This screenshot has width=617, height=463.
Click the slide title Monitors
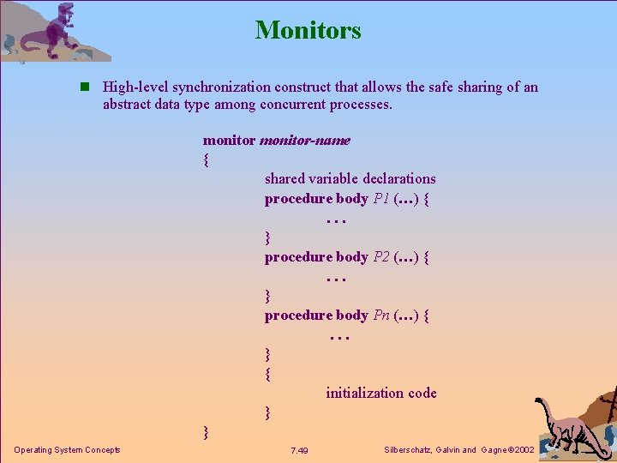coord(308,30)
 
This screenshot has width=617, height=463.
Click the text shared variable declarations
coord(350,178)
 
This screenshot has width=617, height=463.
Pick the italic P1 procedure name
coord(382,199)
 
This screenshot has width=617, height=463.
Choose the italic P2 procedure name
coord(382,257)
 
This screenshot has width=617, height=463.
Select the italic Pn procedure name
coord(382,316)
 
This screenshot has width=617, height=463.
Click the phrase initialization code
coord(380,393)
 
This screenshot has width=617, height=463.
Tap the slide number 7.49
coord(300,451)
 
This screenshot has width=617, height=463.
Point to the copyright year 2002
coord(521,450)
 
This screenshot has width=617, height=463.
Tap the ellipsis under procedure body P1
coord(336,220)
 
